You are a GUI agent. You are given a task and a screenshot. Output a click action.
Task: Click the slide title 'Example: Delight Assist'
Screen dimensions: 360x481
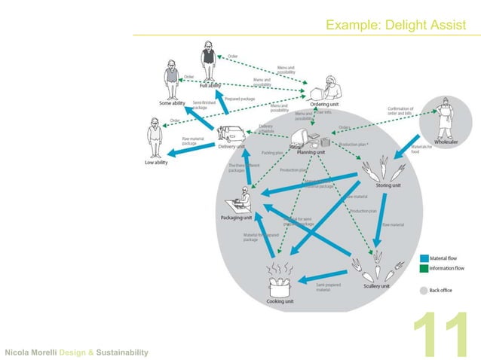point(391,26)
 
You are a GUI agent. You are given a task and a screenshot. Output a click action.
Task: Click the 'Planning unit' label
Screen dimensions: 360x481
point(310,152)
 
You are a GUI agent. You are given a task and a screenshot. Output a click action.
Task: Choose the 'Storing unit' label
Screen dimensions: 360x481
point(388,185)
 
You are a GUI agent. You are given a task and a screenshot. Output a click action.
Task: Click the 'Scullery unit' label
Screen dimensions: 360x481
point(375,286)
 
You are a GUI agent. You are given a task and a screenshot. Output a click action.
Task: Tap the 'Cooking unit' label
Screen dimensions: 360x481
point(280,301)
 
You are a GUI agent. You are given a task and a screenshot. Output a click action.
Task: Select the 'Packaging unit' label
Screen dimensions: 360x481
point(237,218)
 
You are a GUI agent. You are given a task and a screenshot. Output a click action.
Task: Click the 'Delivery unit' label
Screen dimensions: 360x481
point(231,147)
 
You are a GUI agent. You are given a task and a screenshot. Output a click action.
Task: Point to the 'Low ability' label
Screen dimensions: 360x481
point(156,163)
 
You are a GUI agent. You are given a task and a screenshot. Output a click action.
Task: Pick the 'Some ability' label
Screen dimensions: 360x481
point(172,103)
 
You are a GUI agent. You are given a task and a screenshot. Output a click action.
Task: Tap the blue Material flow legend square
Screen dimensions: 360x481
point(424,258)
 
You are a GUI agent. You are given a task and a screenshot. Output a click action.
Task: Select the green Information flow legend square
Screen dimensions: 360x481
point(424,268)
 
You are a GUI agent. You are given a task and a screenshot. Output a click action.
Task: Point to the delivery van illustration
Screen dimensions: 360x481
point(232,134)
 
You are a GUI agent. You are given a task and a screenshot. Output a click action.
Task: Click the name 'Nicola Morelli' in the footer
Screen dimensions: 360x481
point(32,352)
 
